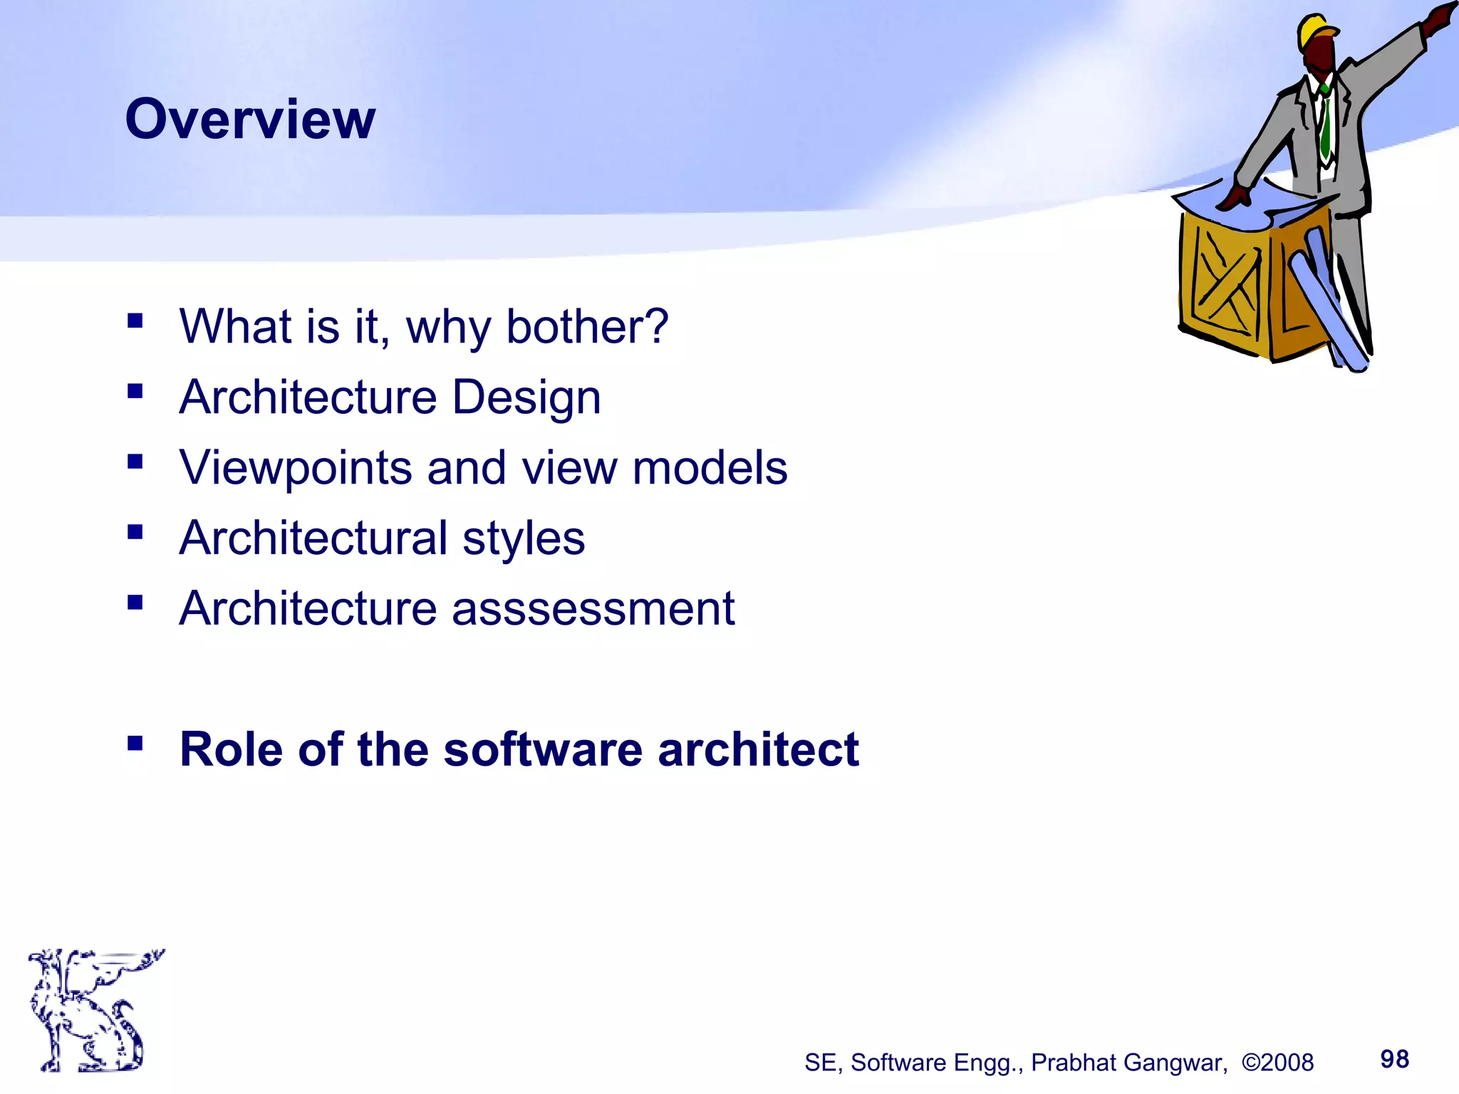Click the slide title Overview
click(x=250, y=119)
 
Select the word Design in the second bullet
click(x=526, y=397)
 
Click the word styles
click(x=524, y=538)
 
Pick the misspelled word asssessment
click(x=593, y=609)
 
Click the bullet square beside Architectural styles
click(x=135, y=532)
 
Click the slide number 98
click(x=1394, y=1059)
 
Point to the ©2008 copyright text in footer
click(x=1277, y=1063)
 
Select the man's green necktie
click(x=1324, y=125)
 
